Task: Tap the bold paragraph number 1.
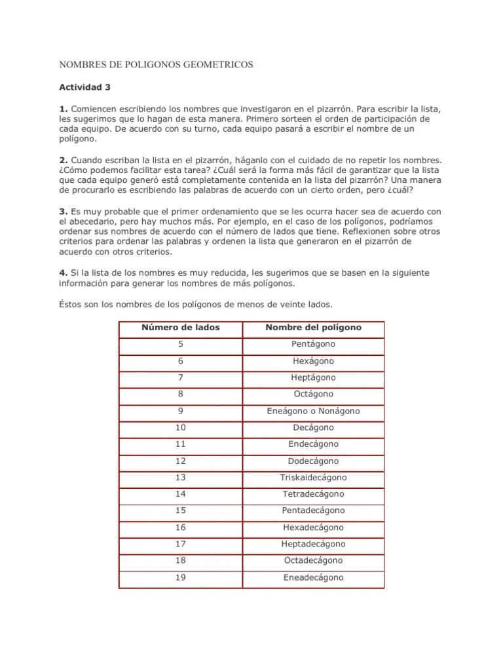[x=64, y=107]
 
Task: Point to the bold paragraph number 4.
[x=64, y=272]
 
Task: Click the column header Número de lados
[x=181, y=327]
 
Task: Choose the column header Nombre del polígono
[x=313, y=327]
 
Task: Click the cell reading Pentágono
[x=313, y=344]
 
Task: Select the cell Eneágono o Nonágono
[x=313, y=411]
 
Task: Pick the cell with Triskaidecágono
[x=313, y=477]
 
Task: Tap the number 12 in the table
[x=181, y=461]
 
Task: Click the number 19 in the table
[x=181, y=577]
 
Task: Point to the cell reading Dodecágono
[x=313, y=461]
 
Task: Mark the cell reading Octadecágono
[x=313, y=560]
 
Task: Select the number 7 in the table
[x=181, y=377]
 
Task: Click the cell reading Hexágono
[x=313, y=360]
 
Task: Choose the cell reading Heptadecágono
[x=313, y=544]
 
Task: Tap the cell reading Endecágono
[x=313, y=444]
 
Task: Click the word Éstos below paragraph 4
[x=73, y=304]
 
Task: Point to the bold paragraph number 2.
[x=64, y=159]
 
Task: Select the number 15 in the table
[x=181, y=510]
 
